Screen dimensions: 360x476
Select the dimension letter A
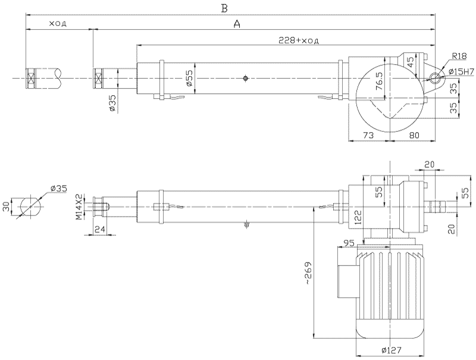click(237, 24)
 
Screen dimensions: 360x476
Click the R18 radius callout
click(459, 56)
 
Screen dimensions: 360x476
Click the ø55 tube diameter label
click(189, 79)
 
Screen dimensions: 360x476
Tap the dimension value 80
click(415, 135)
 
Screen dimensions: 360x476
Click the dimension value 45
click(410, 61)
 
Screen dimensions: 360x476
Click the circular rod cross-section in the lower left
click(29, 206)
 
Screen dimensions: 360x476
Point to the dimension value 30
click(7, 206)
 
